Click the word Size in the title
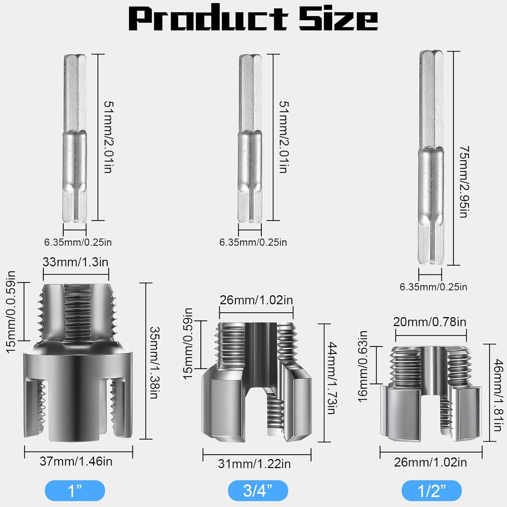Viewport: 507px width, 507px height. point(338,18)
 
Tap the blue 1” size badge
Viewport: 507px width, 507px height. point(75,490)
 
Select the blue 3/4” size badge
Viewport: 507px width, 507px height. point(258,490)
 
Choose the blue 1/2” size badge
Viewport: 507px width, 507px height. point(432,490)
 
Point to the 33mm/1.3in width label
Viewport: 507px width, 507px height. point(75,262)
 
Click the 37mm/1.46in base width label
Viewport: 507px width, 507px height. point(76,461)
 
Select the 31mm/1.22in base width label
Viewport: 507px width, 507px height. point(255,464)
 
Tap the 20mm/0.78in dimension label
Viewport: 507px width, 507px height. point(430,322)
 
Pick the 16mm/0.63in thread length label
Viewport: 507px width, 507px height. point(363,366)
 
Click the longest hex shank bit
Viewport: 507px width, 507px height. point(431,157)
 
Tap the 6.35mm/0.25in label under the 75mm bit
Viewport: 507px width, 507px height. point(433,287)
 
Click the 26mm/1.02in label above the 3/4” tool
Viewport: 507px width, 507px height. point(256,300)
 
